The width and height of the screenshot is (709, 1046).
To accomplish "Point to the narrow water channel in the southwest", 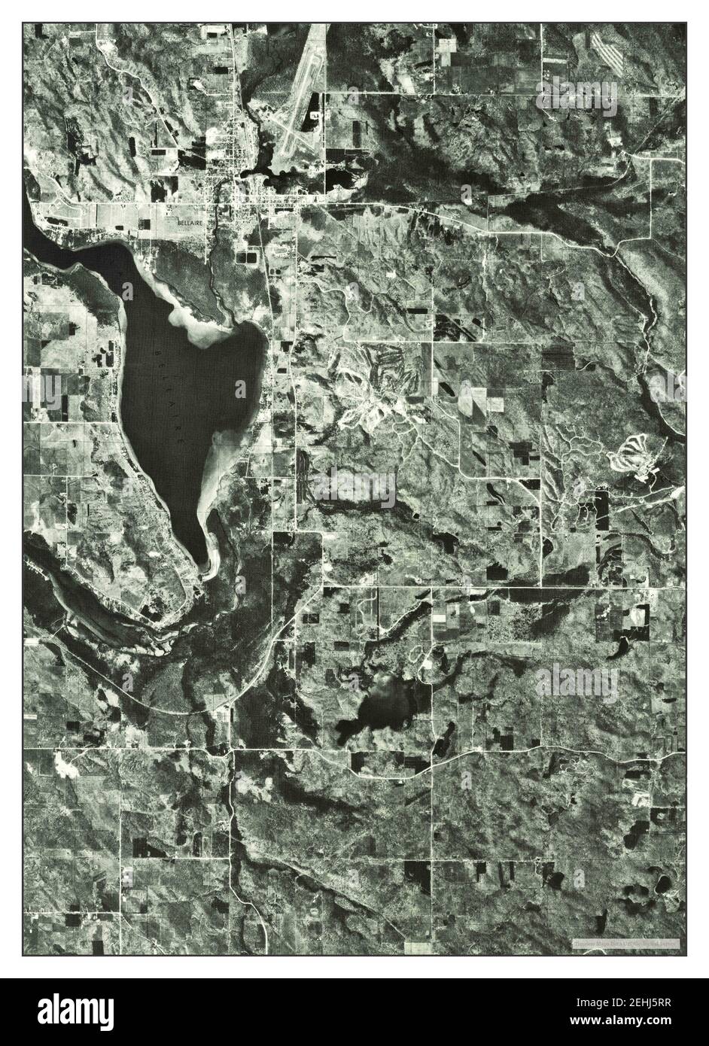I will click(90, 602).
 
